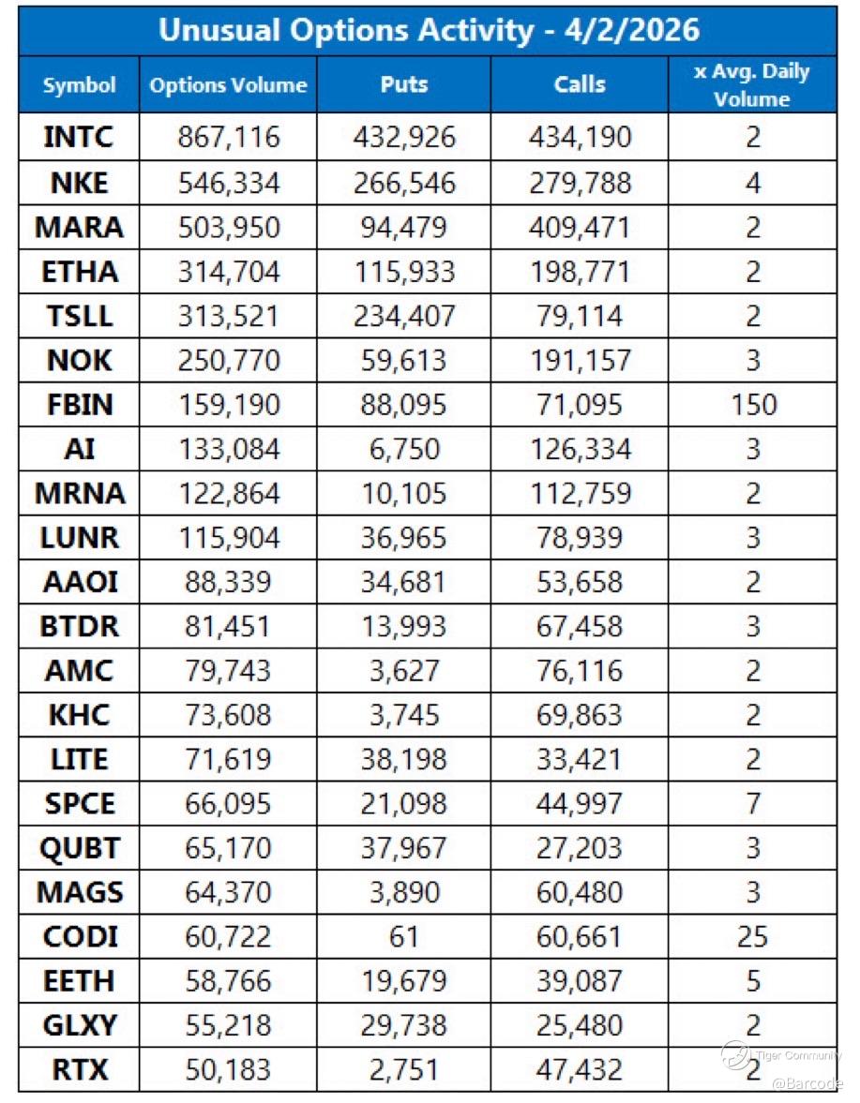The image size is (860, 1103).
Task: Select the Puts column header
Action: [x=404, y=84]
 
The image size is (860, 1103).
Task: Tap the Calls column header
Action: [x=579, y=84]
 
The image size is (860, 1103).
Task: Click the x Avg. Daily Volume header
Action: [x=751, y=84]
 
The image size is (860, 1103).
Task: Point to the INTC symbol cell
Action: [x=79, y=138]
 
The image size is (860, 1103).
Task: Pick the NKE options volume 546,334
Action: [x=228, y=183]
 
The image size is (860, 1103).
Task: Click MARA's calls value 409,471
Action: [x=579, y=227]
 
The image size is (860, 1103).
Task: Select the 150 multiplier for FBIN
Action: [x=751, y=405]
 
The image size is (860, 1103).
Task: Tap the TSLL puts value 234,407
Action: [x=404, y=316]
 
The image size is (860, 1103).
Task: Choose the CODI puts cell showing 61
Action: [x=404, y=936]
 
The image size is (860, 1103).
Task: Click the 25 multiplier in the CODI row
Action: [x=751, y=936]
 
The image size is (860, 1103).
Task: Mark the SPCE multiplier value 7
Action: [x=751, y=803]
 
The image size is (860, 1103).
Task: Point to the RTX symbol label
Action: [x=79, y=1069]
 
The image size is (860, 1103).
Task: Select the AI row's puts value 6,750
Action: [x=404, y=449]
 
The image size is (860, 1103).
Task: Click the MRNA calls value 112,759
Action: [x=579, y=494]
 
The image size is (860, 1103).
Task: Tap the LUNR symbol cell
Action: [x=79, y=538]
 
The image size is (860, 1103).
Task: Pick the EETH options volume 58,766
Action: [x=228, y=981]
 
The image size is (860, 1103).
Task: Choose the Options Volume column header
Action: [x=228, y=84]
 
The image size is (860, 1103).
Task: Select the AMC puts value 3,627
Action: [x=404, y=671]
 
